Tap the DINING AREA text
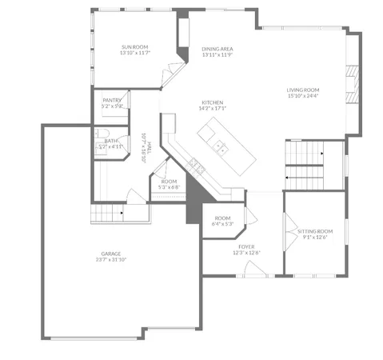coord(217,49)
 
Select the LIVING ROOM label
coord(303,90)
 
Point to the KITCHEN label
coord(213,102)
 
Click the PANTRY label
coord(112,99)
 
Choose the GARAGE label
coord(111,252)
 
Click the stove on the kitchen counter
coord(196,166)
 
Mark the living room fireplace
coord(350,83)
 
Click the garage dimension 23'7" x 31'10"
coord(111,259)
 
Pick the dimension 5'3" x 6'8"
coord(169,187)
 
